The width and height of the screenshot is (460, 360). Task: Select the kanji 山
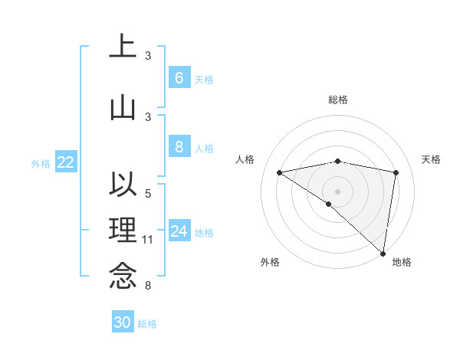[123, 107]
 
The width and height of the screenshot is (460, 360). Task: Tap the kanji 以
[123, 185]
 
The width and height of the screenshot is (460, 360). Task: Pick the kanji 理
[123, 230]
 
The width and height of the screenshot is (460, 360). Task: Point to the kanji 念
[123, 276]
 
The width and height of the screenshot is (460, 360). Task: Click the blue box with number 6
[179, 77]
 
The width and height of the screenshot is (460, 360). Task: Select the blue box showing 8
[179, 148]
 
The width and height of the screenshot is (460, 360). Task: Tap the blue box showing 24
[179, 231]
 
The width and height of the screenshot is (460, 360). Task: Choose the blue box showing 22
[65, 162]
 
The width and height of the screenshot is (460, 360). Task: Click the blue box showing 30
[123, 322]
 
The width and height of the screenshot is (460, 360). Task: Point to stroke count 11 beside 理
[148, 241]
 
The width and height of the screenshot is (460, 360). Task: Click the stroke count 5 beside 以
[148, 194]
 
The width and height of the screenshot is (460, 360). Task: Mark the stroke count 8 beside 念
[148, 286]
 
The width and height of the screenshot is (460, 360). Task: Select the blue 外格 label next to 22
[41, 163]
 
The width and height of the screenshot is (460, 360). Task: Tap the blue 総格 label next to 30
[147, 324]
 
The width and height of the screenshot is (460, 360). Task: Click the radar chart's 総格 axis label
[337, 100]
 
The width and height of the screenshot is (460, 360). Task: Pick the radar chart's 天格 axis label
[431, 159]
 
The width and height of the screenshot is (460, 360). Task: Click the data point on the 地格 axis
[383, 253]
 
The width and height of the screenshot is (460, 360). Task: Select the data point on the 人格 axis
[280, 172]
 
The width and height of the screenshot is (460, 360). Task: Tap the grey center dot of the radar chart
[337, 191]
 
